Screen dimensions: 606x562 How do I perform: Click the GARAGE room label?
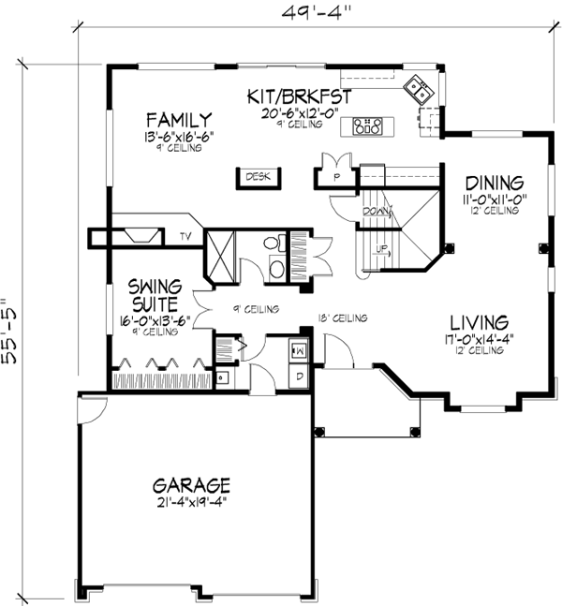(191, 485)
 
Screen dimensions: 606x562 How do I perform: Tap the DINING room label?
(494, 182)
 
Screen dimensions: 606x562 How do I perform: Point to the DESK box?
(258, 176)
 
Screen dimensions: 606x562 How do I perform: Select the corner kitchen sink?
(418, 90)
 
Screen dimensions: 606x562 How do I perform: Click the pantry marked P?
(334, 175)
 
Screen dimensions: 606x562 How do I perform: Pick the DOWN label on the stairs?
(376, 212)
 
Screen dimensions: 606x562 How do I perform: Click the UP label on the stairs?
(380, 248)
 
